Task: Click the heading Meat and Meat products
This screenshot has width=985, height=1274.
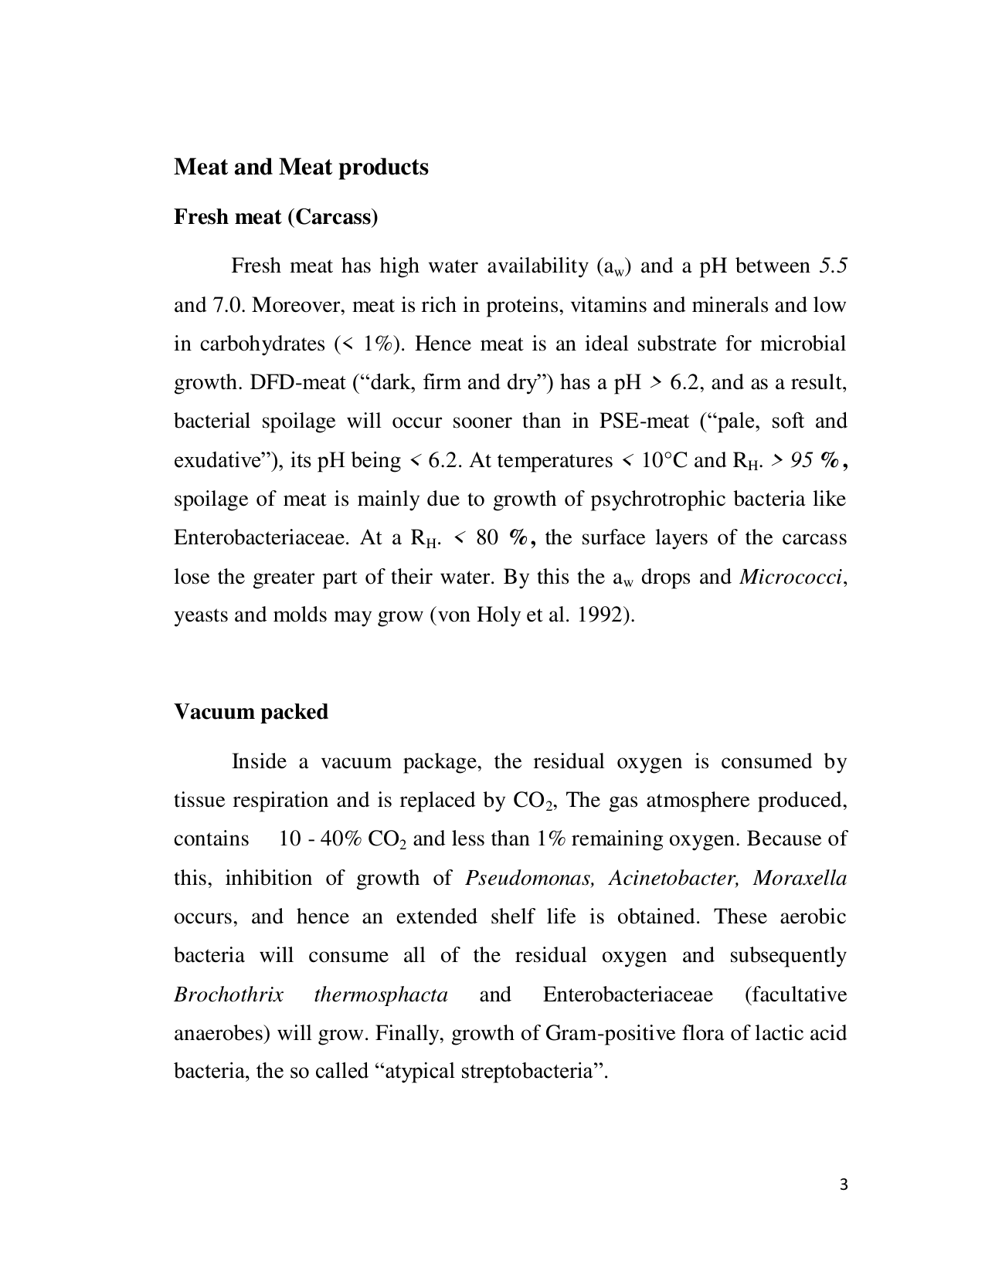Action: coord(301,167)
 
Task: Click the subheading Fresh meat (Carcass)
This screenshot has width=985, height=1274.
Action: coord(276,217)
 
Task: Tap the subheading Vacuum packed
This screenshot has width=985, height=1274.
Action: coord(250,711)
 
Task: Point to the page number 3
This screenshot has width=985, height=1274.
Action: coord(843,1184)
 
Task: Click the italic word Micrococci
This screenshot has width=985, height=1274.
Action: coord(791,577)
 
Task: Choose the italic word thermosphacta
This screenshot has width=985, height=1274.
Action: coord(381,994)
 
